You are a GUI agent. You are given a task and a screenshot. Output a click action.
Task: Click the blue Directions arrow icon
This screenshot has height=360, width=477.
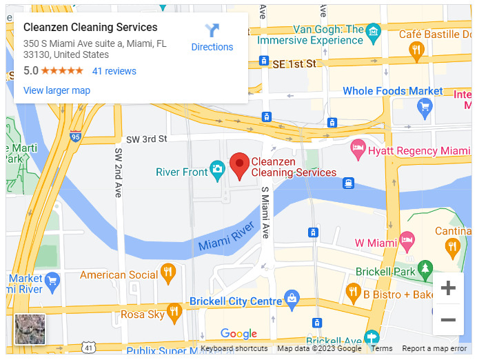click(x=212, y=31)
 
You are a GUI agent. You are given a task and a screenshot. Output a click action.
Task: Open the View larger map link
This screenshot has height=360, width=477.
click(x=57, y=90)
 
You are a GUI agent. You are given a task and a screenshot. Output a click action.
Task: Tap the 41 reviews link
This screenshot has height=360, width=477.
click(x=114, y=71)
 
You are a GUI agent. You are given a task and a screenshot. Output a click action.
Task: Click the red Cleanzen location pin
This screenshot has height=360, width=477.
click(x=239, y=166)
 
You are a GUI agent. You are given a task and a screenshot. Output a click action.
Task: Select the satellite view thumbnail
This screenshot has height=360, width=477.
click(x=30, y=329)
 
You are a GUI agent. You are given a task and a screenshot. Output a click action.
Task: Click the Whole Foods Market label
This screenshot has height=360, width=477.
click(x=393, y=91)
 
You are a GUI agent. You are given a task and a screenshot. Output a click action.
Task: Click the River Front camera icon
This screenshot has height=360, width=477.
click(x=217, y=169)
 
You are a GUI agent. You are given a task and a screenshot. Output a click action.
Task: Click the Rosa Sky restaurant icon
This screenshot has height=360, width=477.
click(x=174, y=313)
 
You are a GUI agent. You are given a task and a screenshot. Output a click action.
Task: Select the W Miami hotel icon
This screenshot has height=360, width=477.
click(x=407, y=241)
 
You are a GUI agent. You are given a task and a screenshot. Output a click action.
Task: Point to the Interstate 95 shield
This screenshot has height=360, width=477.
click(x=75, y=136)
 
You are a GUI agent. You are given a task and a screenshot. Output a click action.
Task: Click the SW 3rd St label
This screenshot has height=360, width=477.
click(x=145, y=139)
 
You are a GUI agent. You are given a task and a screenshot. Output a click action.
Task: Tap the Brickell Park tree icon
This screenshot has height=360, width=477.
click(x=426, y=268)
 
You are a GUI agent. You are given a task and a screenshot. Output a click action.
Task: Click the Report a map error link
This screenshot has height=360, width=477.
click(x=434, y=349)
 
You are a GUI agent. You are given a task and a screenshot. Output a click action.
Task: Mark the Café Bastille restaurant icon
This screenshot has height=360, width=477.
click(x=416, y=49)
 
